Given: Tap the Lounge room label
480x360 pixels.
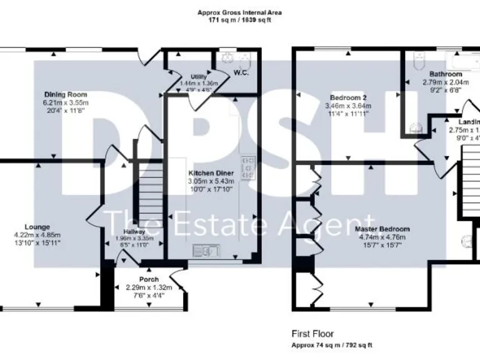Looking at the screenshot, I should (x=37, y=227).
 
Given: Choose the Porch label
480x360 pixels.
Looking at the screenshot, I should (x=149, y=279).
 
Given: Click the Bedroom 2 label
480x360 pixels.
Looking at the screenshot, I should (x=348, y=98).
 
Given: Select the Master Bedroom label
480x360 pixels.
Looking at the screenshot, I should (x=384, y=229).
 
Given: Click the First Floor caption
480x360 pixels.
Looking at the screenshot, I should (x=312, y=334).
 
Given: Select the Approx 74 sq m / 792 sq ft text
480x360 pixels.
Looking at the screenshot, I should (x=332, y=345).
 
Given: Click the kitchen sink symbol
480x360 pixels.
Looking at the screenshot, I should (x=205, y=251).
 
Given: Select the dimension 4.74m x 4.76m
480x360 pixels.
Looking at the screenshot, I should (x=384, y=237).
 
